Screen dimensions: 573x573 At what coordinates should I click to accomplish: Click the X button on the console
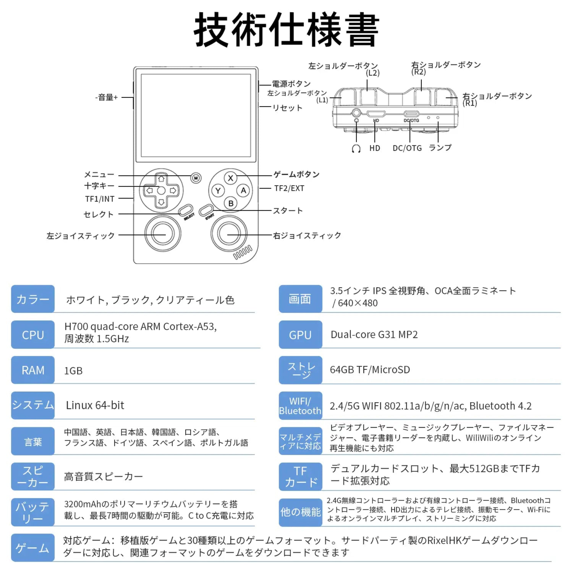pyautogui.click(x=231, y=178)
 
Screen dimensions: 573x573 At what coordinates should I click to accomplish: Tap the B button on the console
pyautogui.click(x=231, y=203)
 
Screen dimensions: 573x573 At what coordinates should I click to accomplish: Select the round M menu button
pyautogui.click(x=196, y=178)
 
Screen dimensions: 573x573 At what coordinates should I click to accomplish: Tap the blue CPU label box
pyautogui.click(x=33, y=335)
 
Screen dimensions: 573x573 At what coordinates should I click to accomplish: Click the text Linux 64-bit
pyautogui.click(x=95, y=405)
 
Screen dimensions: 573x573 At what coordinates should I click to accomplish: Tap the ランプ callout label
pyautogui.click(x=440, y=147)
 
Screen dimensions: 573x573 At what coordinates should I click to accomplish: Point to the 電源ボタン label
pyautogui.click(x=291, y=84)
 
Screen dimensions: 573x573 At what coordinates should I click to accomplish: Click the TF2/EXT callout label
pyautogui.click(x=289, y=188)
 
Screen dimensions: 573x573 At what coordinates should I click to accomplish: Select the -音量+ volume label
pyautogui.click(x=106, y=97)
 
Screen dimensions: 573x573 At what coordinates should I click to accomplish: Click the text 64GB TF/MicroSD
pyautogui.click(x=370, y=370)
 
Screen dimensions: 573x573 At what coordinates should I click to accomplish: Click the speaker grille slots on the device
pyautogui.click(x=243, y=252)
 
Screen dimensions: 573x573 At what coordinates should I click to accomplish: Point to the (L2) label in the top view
pyautogui.click(x=372, y=73)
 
